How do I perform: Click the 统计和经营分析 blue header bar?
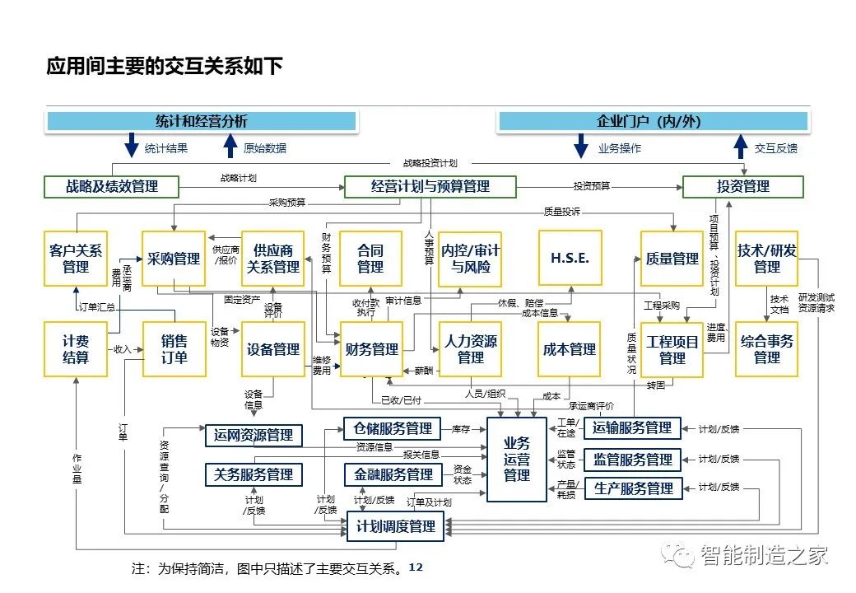coord(201,121)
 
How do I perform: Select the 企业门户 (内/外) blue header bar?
coord(653,121)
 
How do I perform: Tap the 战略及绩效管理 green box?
coord(111,187)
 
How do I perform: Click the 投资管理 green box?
coord(743,187)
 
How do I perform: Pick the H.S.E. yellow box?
coord(570,259)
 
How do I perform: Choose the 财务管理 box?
coord(371,349)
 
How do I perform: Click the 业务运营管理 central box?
coord(516,460)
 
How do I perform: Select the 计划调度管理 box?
coord(395,527)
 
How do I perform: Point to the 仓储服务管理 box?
coord(393,428)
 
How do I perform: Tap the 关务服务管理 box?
coord(254,474)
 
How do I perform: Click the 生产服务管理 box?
coord(633,488)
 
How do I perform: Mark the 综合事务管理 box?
coord(766,349)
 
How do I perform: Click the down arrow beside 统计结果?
coord(132,145)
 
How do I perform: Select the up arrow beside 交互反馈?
coord(740,147)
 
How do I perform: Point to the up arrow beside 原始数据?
coord(230,147)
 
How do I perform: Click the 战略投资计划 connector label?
coord(430,163)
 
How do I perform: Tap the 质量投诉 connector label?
coord(561,212)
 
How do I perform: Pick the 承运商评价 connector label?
coord(591,406)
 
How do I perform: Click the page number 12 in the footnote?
coord(416,567)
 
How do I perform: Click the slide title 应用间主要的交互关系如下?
coord(165,66)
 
